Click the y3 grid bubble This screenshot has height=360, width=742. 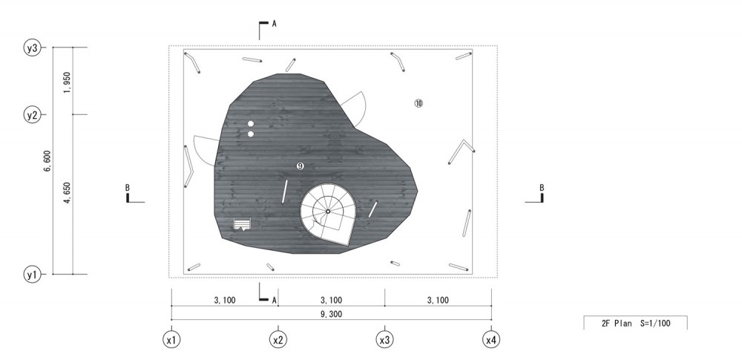coord(32,48)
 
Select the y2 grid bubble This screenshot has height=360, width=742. coord(32,114)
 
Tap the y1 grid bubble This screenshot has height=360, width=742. coord(32,274)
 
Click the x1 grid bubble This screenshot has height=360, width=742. coord(171,340)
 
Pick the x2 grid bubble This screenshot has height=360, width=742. coord(278,340)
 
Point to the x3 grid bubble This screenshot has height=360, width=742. coord(384,340)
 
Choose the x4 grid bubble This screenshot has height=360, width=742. coord(491,340)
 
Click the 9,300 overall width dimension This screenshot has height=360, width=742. coord(331,313)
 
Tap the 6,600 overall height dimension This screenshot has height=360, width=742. coord(47,161)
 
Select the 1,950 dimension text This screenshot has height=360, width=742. coord(68,82)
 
